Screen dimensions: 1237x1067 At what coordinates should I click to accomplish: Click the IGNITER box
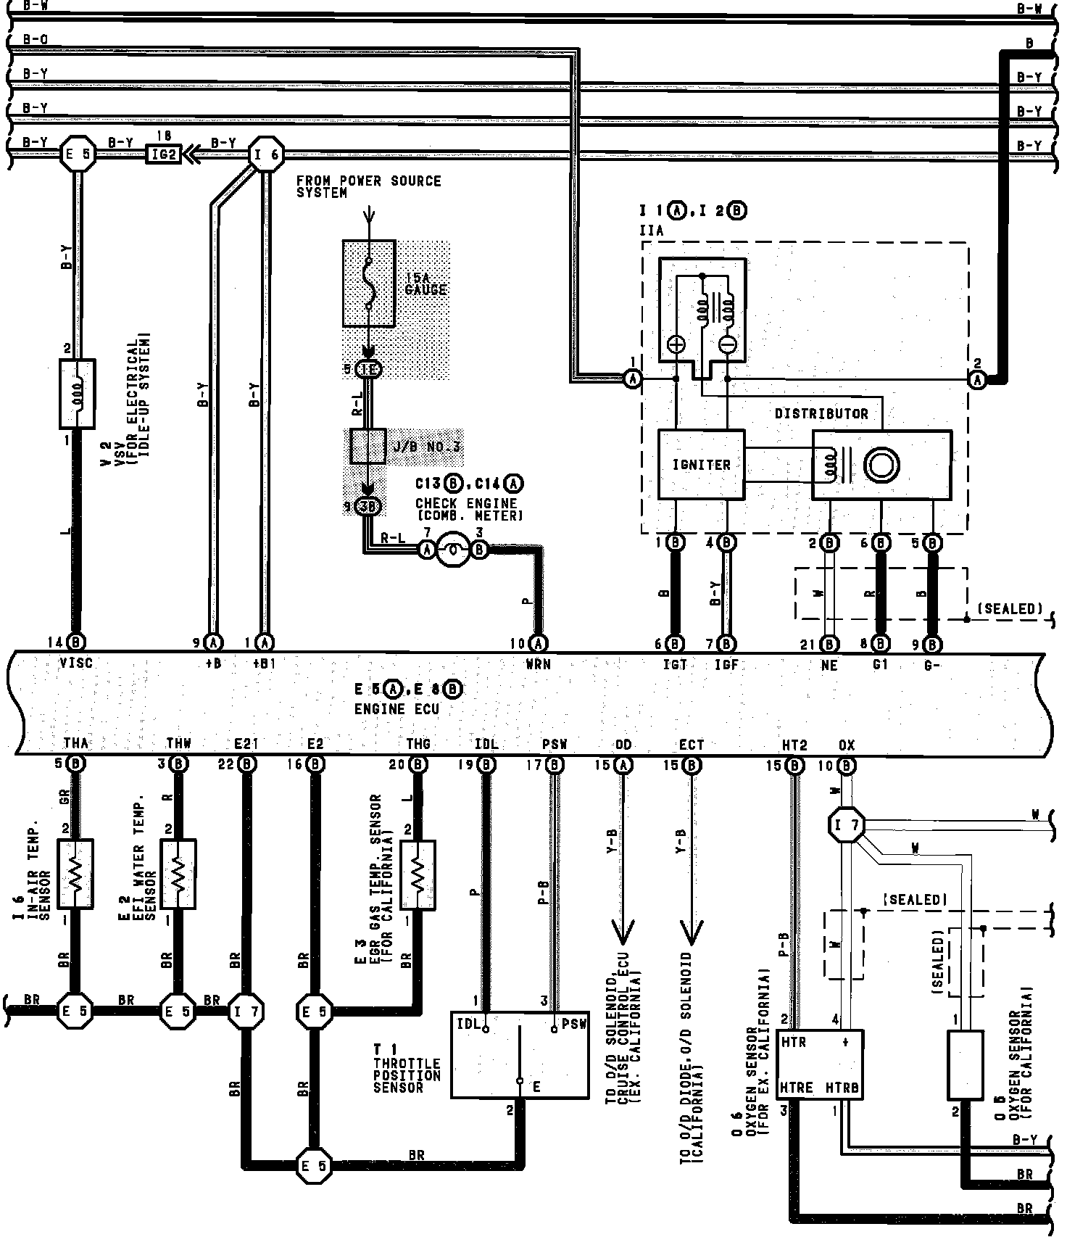click(x=701, y=465)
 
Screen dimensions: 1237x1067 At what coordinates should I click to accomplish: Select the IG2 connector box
click(x=163, y=154)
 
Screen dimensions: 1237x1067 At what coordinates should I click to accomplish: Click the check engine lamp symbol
click(x=453, y=550)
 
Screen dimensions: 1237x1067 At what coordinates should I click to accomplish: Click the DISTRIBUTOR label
click(x=821, y=414)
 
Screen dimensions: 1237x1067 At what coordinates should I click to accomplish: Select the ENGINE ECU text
click(x=397, y=709)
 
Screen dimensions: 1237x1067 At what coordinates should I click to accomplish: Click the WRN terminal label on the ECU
click(x=538, y=663)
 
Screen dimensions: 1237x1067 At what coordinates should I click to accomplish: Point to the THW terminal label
click(x=178, y=744)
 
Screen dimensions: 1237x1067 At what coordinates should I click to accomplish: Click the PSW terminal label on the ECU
click(x=555, y=745)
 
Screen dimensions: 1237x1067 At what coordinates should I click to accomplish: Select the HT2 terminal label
click(x=794, y=745)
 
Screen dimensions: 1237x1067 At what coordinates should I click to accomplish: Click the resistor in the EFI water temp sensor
click(x=178, y=874)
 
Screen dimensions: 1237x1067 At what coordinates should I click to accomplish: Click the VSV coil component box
click(x=77, y=393)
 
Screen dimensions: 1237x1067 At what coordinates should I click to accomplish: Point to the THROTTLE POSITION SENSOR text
click(x=407, y=1075)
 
